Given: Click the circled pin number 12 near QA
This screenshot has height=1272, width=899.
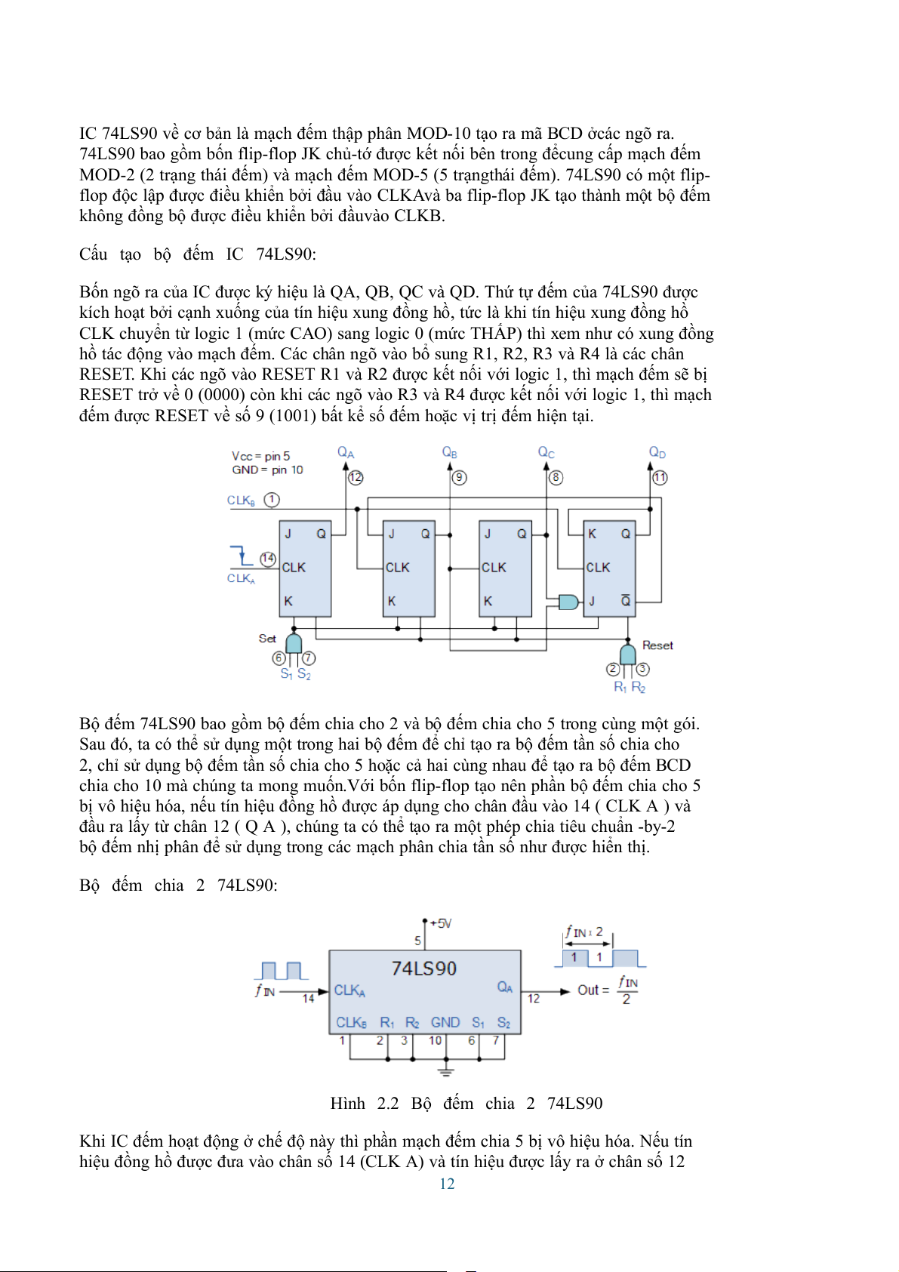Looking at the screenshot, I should (x=356, y=477).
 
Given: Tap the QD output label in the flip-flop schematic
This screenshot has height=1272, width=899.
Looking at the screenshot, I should (x=657, y=452).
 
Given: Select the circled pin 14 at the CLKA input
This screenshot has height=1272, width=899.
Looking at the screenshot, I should (x=268, y=559).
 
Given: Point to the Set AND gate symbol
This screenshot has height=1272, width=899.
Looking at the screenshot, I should (x=294, y=642).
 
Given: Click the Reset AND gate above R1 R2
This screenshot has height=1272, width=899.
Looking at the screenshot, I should (x=627, y=653).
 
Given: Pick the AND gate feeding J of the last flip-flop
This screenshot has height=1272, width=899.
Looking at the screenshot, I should (x=568, y=602).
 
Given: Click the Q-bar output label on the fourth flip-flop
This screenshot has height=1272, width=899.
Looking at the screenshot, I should (x=626, y=601).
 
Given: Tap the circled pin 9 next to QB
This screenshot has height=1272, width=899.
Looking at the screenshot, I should (x=459, y=477).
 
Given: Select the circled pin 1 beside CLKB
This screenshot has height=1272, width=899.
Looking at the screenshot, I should (x=272, y=500).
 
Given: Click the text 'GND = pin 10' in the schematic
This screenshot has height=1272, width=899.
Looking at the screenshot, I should (x=267, y=470).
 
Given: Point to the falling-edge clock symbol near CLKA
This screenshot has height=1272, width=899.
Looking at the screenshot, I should (x=242, y=556).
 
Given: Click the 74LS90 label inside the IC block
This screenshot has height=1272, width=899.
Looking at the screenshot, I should (x=424, y=969).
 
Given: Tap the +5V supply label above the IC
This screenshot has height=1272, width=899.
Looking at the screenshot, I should (x=440, y=923).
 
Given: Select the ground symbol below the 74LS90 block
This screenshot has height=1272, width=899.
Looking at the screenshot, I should (x=446, y=1071).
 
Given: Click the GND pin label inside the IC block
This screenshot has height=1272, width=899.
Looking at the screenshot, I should (x=445, y=1022).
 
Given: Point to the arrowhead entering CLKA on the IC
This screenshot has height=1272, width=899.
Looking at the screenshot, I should (x=325, y=991).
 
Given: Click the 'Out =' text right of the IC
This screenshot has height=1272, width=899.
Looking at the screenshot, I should (x=593, y=990).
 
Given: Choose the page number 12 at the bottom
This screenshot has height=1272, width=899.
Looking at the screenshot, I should (x=447, y=1184).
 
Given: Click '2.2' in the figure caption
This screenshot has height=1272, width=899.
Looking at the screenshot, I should (x=388, y=1103).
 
